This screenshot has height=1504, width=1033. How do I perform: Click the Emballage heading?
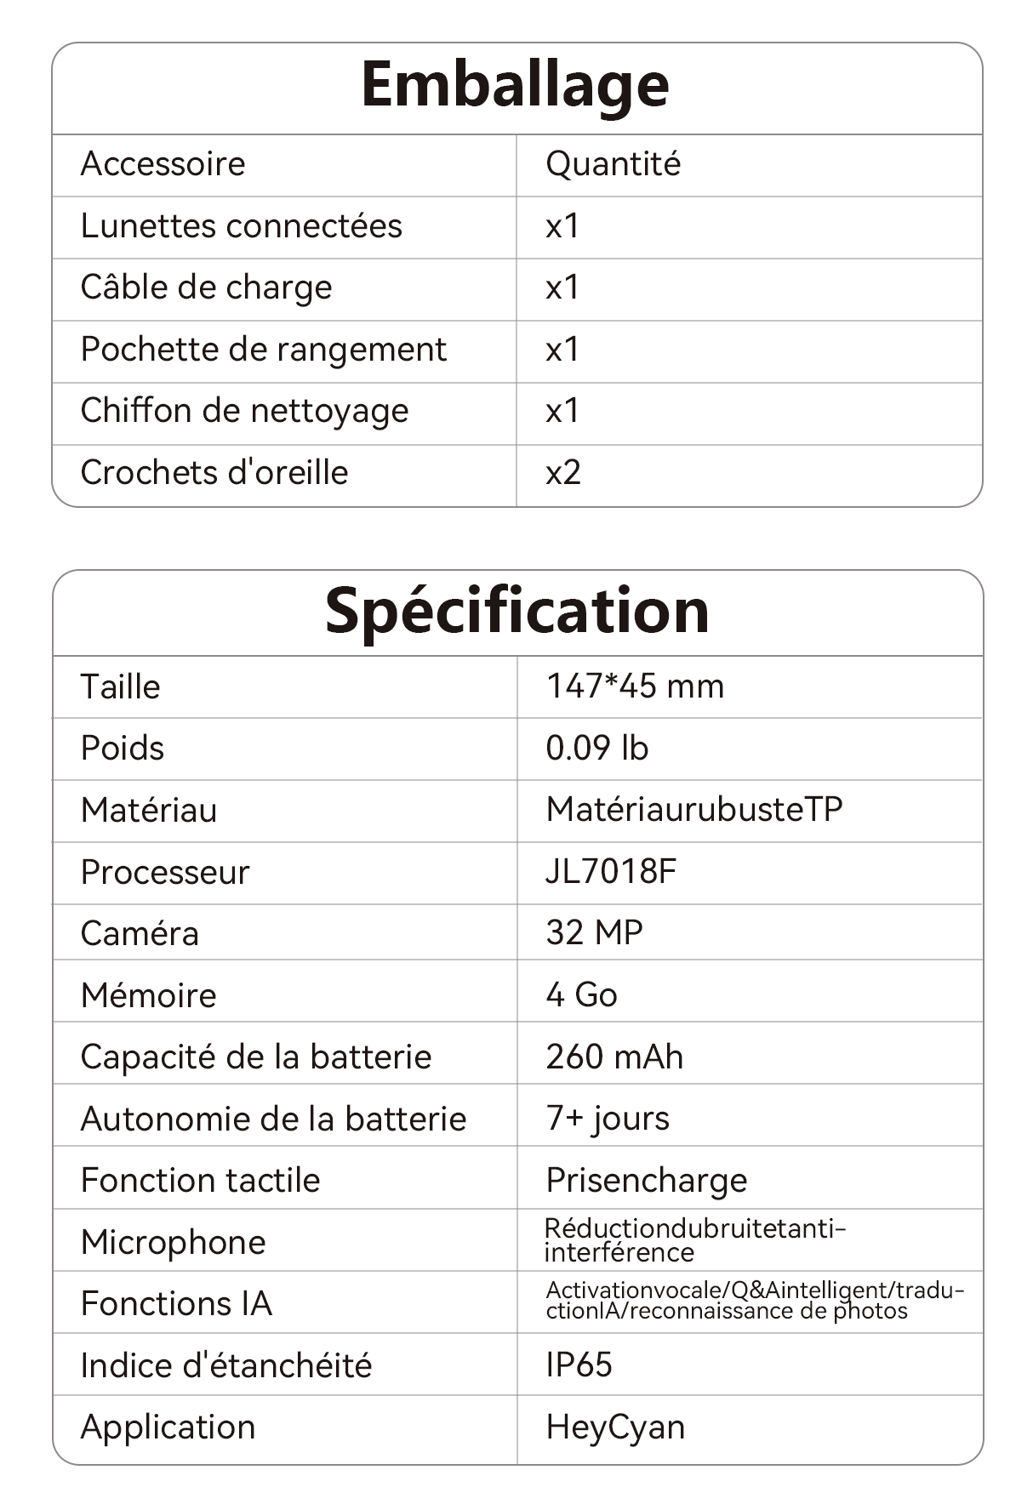(515, 85)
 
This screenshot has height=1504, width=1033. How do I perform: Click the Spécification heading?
(516, 612)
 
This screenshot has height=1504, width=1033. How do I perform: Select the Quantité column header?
(613, 164)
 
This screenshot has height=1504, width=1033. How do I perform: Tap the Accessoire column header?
(163, 164)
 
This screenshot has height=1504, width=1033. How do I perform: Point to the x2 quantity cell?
(563, 473)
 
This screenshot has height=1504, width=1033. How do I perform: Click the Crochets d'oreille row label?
(214, 473)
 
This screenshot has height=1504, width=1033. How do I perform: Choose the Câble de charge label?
(206, 288)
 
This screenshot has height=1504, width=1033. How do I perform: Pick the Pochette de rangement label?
(263, 350)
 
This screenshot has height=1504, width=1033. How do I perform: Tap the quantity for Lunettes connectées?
(562, 226)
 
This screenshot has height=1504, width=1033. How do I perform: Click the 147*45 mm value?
(635, 686)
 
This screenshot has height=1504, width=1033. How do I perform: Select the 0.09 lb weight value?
(596, 749)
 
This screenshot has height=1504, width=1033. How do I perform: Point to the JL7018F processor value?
(611, 872)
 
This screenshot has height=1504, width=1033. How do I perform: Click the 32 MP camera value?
(594, 933)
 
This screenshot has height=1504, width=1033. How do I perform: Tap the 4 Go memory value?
(581, 995)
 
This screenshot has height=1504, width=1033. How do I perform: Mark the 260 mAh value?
(614, 1057)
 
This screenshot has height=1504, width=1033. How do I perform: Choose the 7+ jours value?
(608, 1119)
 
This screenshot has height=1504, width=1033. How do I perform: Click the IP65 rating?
(579, 1365)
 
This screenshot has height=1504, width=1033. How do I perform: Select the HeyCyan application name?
(615, 1427)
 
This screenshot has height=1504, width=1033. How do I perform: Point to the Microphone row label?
(173, 1243)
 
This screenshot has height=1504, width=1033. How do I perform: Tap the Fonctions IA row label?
(176, 1304)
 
